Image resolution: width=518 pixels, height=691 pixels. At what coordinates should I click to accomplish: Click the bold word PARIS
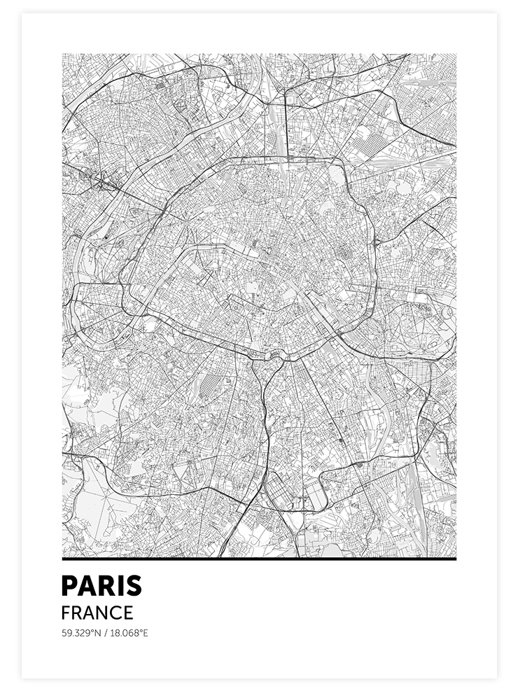click(x=101, y=586)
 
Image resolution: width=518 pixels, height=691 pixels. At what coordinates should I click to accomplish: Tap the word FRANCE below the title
click(x=97, y=613)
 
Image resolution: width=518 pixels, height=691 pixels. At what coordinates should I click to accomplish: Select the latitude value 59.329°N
click(x=80, y=634)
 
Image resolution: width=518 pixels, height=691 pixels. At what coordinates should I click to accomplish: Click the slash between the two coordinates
click(x=105, y=634)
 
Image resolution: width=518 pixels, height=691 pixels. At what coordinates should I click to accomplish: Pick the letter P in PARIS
click(x=69, y=586)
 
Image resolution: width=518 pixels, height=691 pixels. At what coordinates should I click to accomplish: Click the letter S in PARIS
click(x=132, y=586)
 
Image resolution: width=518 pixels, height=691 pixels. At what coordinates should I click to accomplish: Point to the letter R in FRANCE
click(x=77, y=613)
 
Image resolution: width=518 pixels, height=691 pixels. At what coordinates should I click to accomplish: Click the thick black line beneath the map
click(x=259, y=559)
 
